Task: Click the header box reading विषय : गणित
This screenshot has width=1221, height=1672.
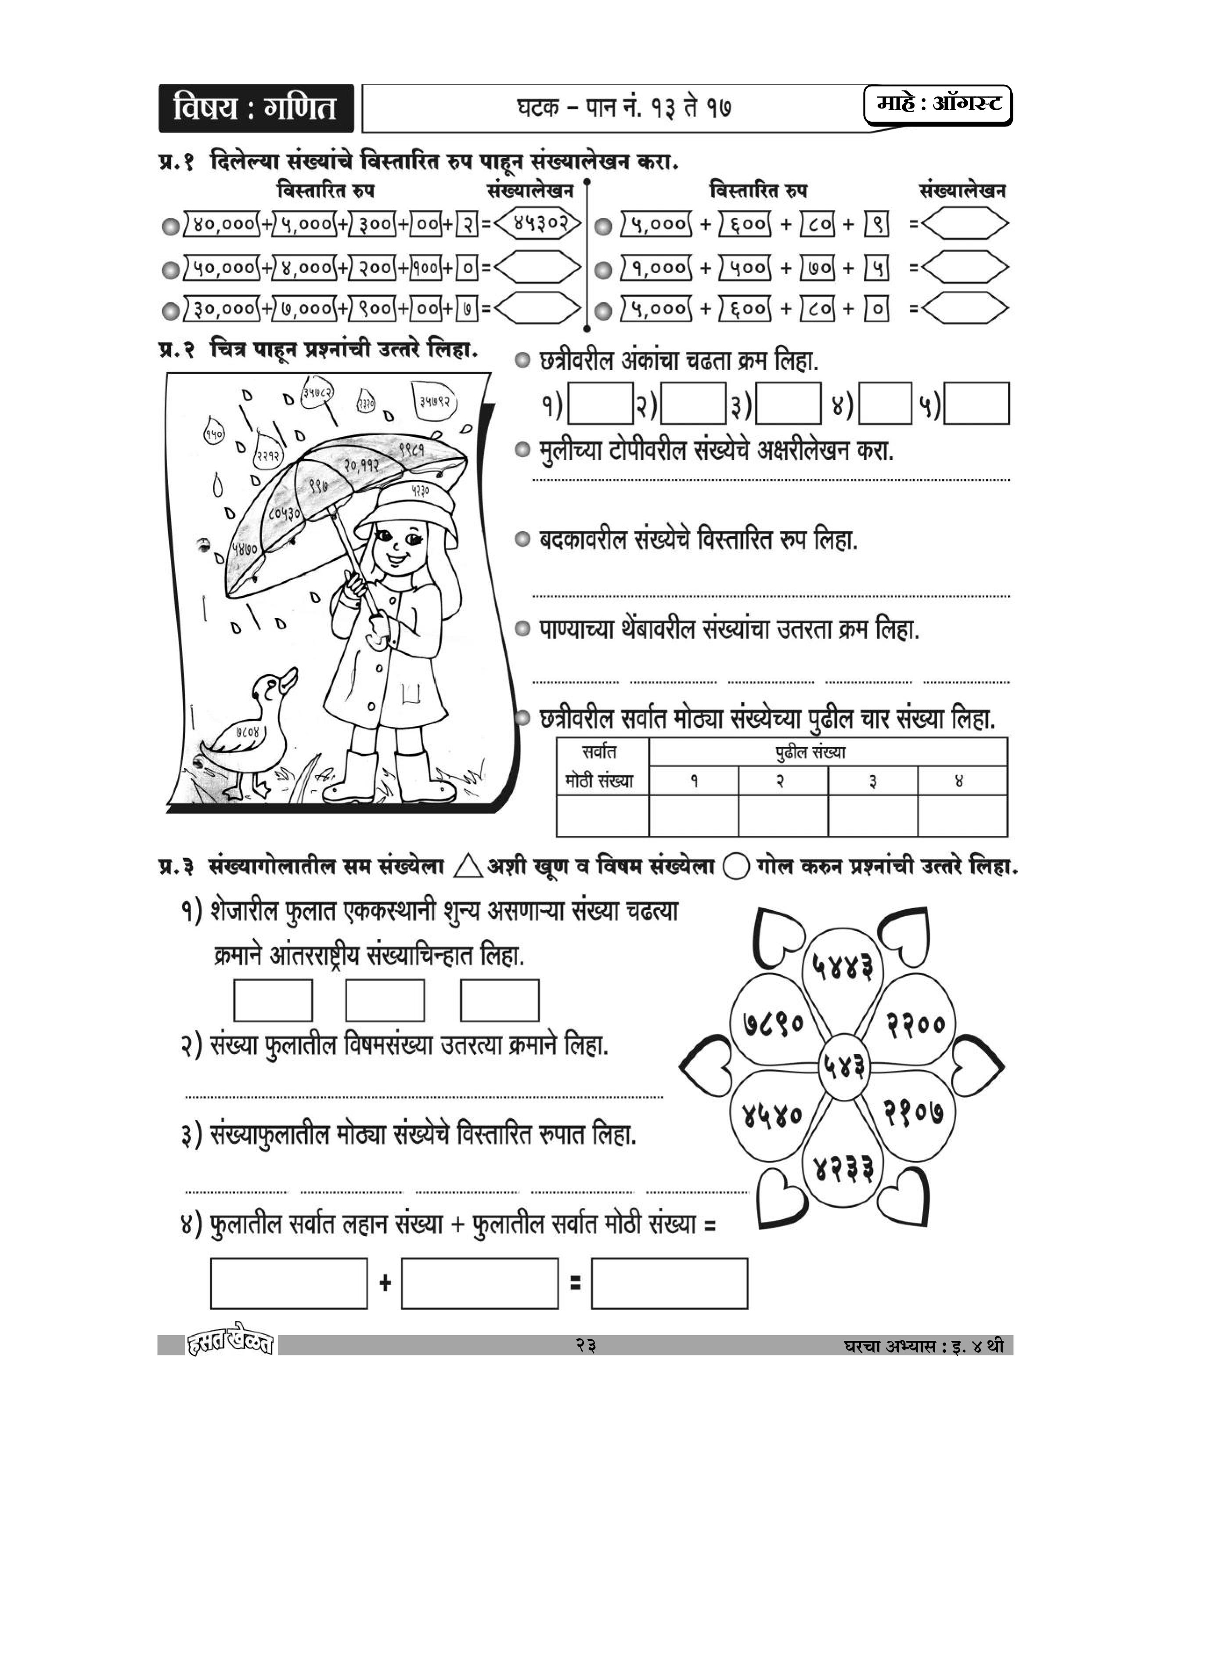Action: coord(256,108)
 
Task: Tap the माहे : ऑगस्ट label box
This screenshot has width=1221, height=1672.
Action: coord(937,105)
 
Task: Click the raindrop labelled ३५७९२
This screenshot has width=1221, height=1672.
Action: coord(436,402)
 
